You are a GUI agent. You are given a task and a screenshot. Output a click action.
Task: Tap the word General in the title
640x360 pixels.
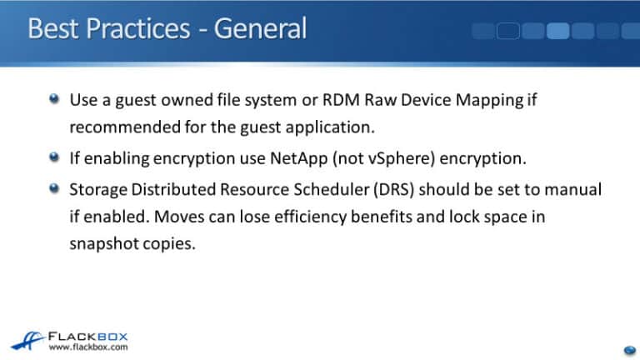[260, 28]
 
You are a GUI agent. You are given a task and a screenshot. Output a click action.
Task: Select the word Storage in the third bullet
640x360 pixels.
[97, 189]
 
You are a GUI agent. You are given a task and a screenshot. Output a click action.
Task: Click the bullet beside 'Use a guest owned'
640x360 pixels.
[54, 100]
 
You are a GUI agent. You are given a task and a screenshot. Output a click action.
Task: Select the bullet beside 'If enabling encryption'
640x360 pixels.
[54, 156]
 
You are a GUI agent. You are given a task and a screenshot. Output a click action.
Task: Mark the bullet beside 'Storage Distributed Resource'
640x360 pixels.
[54, 187]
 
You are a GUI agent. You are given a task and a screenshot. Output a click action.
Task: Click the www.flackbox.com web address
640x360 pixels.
[87, 347]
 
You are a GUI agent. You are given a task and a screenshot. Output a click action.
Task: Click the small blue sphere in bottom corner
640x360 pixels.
[629, 349]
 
